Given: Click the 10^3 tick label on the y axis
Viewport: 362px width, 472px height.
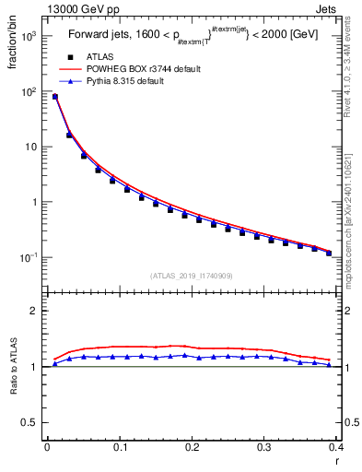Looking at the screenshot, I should pos(28,37).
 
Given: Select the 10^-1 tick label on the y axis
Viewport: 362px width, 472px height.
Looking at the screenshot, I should pos(28,257).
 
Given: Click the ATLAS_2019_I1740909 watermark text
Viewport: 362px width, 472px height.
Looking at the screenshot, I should pos(191,275).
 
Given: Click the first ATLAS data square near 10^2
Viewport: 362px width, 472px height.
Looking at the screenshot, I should pos(55,97).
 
